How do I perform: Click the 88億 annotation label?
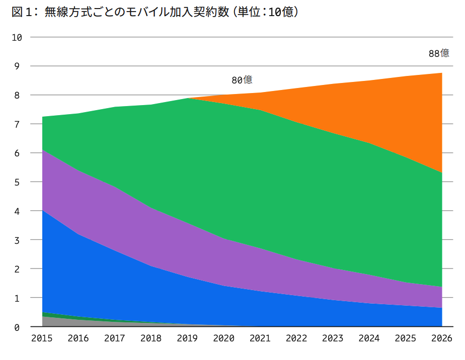pos(438,53)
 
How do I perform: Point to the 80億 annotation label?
pos(242,80)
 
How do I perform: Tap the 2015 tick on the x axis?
pos(42,338)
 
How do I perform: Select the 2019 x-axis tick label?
pos(187,338)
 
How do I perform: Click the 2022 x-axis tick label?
pos(296,338)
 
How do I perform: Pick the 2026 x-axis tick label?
pos(441,338)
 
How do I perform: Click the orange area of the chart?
pos(382,111)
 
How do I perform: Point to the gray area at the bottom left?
pos(55,322)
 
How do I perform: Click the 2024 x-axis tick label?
pos(369,338)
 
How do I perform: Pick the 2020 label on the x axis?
pos(223,338)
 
